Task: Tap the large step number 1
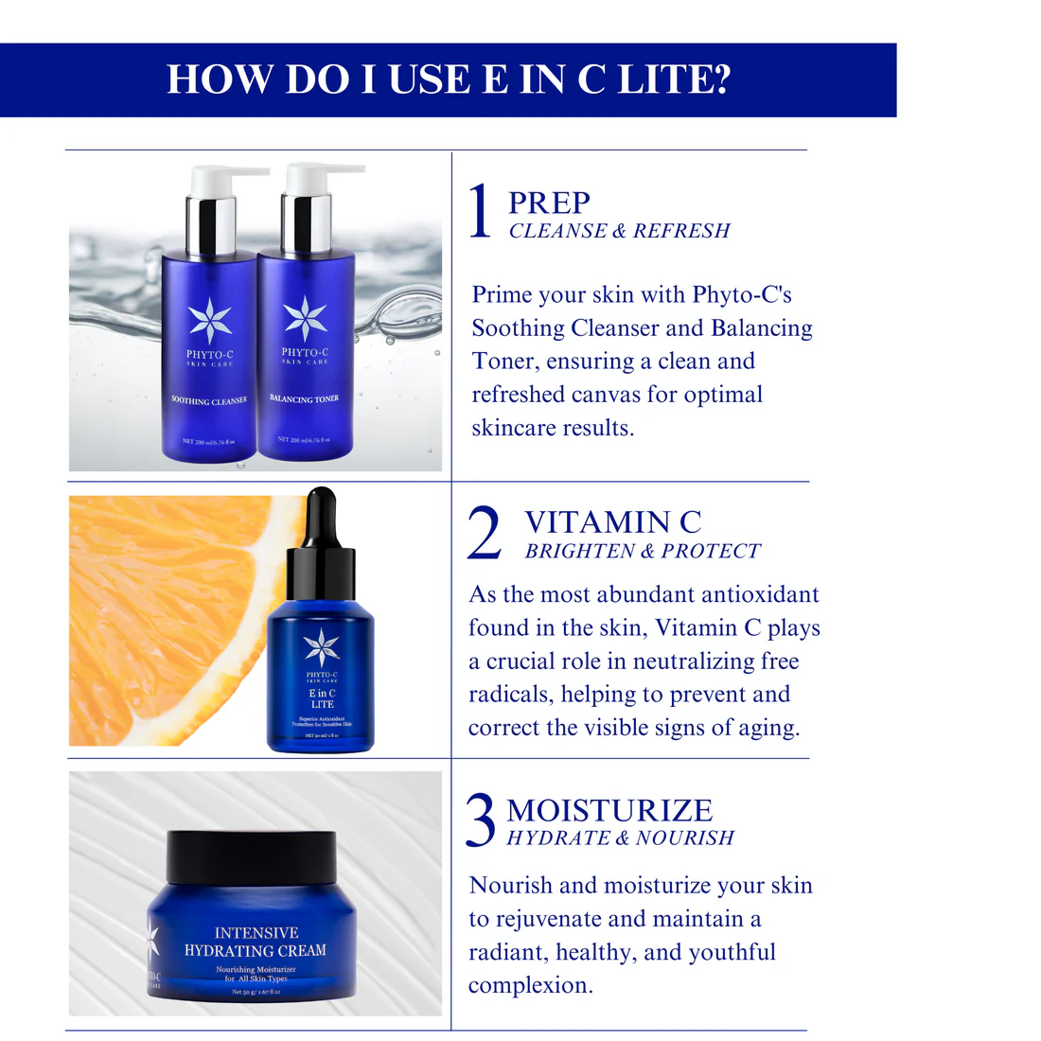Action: tap(481, 211)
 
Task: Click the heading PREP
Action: tap(549, 203)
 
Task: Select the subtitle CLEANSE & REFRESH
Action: tap(619, 231)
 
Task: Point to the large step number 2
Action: tap(485, 533)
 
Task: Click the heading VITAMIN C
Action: tap(613, 522)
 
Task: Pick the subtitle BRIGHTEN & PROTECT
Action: tap(643, 552)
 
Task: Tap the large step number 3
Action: tap(481, 820)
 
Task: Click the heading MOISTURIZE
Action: tap(609, 811)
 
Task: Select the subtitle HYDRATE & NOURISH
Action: tap(620, 838)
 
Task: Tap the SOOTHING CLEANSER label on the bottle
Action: tap(209, 401)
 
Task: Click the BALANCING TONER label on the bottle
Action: tap(304, 399)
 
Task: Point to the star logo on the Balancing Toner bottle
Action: tap(305, 318)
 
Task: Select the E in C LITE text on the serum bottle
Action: tap(322, 698)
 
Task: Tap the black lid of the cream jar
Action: tap(251, 856)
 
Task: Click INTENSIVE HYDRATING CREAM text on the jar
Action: tap(256, 942)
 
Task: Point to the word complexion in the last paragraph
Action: tap(530, 986)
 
